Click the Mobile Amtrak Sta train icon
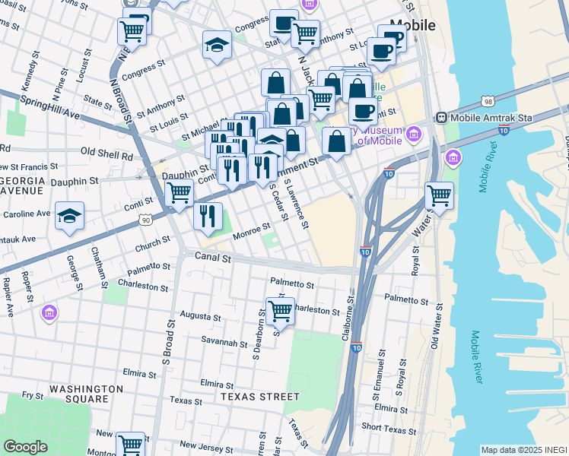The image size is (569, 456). pos(440,118)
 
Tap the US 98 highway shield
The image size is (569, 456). pos(488,101)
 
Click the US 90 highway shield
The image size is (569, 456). pos(145,220)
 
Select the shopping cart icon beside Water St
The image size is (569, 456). pos(439,195)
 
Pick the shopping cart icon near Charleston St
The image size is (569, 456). pos(281,309)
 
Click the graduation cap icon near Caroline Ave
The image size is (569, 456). pos(69,216)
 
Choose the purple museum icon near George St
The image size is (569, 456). pos(49,312)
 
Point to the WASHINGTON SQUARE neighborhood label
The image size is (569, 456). pos(86,394)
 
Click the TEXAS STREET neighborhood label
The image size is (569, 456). pos(260,397)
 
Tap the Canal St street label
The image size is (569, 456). pos(212,258)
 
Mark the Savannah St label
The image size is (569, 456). pos(224,341)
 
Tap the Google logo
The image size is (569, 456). pos(25,447)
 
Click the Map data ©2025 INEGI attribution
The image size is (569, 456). pos(523,450)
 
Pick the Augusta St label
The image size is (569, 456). pos(200,316)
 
